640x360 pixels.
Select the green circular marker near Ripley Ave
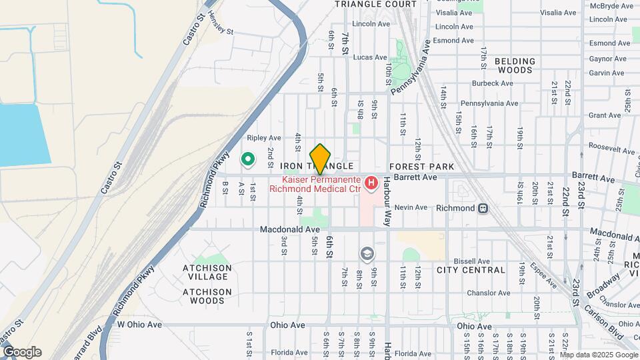pos(247,159)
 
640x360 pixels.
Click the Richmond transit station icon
pos(481,208)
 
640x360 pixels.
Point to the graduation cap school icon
pos(366,253)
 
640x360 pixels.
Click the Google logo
pos(21,352)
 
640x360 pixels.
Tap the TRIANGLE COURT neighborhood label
pos(375,4)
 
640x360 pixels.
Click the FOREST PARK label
pos(421,167)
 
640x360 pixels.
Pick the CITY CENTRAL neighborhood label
pos(471,270)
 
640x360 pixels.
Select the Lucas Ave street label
pos(370,58)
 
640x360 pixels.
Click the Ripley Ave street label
pos(264,138)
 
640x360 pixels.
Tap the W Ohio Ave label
pos(139,325)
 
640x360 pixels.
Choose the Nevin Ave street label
pos(411,207)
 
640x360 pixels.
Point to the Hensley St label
pos(222,30)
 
